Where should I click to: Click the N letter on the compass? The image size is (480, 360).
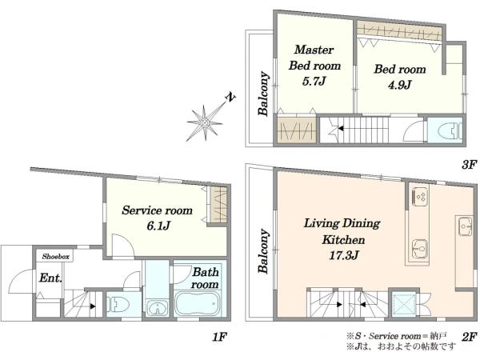(230, 97)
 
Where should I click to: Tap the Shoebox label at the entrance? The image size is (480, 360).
(55, 257)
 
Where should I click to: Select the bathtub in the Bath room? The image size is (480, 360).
(198, 303)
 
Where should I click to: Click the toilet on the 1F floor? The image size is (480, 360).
(118, 304)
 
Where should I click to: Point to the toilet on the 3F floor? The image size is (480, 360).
(450, 130)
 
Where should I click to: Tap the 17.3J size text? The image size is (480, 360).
(343, 255)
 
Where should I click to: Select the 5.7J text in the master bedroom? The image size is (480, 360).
(314, 82)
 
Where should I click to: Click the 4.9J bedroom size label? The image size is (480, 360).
(400, 85)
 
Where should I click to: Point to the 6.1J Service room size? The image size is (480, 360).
(158, 226)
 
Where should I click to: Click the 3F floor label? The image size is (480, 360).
(469, 166)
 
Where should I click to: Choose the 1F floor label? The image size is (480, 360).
(219, 337)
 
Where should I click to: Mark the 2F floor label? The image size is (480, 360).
(469, 337)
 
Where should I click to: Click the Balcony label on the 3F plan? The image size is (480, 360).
(263, 94)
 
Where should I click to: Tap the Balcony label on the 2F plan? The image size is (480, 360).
(263, 251)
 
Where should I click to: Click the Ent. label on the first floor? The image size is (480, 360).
(50, 278)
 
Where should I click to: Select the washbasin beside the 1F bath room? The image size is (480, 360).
(157, 308)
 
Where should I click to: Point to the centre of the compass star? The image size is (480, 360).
(205, 123)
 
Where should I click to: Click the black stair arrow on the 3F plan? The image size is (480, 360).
(341, 129)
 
